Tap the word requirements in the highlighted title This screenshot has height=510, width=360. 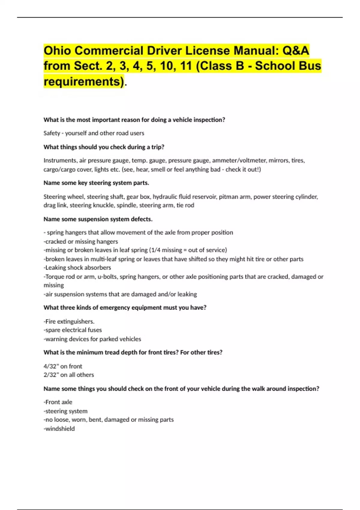pyautogui.click(x=84, y=82)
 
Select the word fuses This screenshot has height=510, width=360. pyautogui.click(x=94, y=330)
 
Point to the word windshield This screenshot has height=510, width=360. pyautogui.click(x=60, y=429)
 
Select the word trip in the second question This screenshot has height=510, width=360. pyautogui.click(x=157, y=147)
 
